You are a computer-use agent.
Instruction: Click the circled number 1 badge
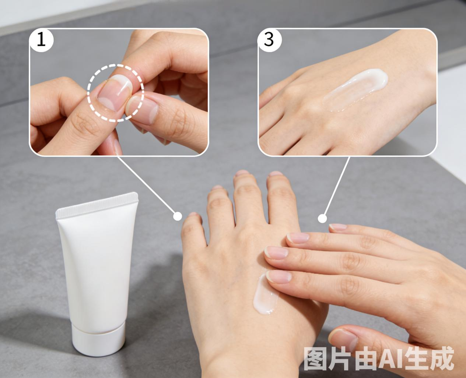point(41,40)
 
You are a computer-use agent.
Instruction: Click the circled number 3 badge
point(269,40)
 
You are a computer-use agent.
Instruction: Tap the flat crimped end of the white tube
point(97,205)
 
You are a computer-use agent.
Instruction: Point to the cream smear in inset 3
point(355,90)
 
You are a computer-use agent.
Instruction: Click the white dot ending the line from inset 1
point(178,216)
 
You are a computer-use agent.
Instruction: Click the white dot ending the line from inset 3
point(322,218)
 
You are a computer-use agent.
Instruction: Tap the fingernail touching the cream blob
point(278,277)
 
